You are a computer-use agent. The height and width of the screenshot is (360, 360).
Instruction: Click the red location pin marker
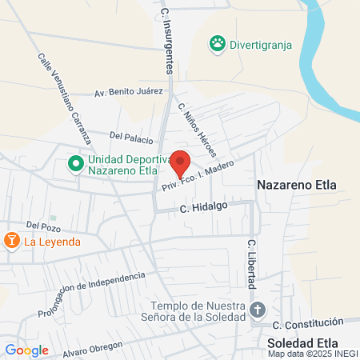point(181,162)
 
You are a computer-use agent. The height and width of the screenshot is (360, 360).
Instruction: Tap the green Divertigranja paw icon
point(216,42)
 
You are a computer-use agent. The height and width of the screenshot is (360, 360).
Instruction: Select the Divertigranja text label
point(260,43)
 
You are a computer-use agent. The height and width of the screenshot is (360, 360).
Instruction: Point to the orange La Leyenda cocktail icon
point(12,240)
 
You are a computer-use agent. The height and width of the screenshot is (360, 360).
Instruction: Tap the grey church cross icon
point(258,310)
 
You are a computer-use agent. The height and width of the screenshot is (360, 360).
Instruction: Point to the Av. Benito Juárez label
point(123,93)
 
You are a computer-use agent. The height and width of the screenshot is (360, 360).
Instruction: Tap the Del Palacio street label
point(131,138)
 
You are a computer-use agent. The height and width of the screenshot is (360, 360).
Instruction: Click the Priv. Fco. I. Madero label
point(198,175)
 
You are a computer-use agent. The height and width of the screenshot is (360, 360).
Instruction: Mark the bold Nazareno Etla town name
point(297,185)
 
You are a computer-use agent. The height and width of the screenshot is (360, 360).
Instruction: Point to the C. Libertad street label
point(251,263)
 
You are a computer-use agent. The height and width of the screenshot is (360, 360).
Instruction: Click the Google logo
point(26,350)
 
